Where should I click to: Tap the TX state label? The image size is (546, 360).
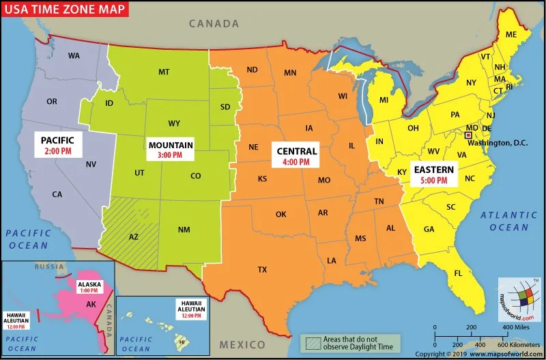tap(262, 269)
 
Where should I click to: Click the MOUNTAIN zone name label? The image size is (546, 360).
tap(171, 145)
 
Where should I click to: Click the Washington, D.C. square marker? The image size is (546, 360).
tap(468, 136)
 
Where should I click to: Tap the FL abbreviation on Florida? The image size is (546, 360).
tap(459, 273)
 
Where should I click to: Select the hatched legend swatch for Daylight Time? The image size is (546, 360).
tap(313, 342)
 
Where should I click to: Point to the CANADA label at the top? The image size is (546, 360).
tap(214, 23)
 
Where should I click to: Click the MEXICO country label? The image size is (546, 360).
tap(242, 344)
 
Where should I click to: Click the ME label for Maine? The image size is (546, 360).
tap(511, 34)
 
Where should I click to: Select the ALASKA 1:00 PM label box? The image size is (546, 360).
tap(90, 287)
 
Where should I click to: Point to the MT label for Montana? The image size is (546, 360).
tap(164, 72)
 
